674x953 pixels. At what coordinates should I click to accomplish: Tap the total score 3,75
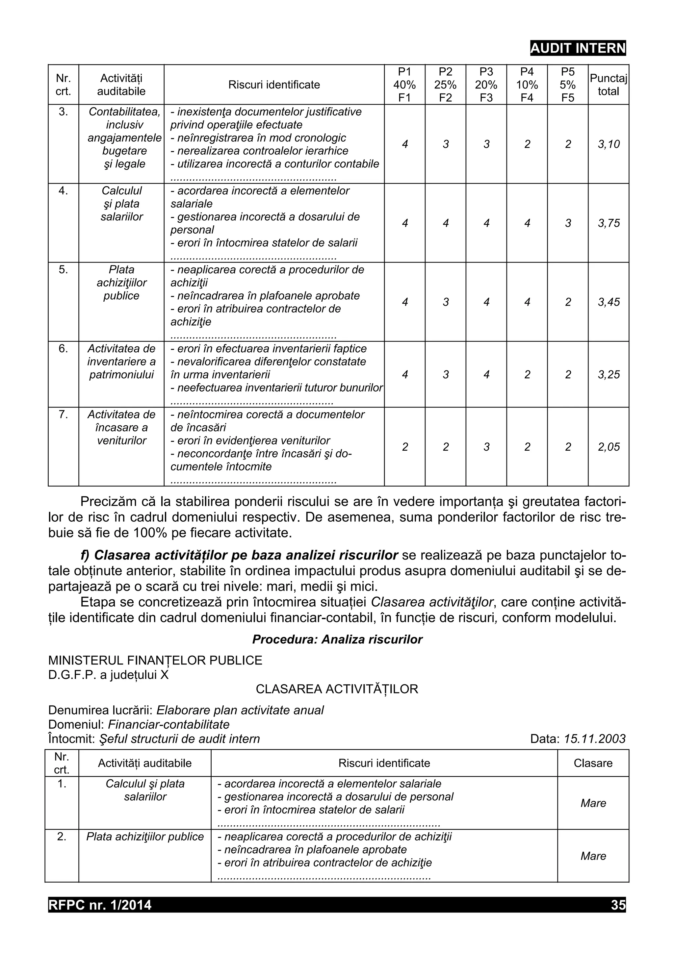pyautogui.click(x=609, y=223)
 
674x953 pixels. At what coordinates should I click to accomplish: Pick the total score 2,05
pyautogui.click(x=609, y=447)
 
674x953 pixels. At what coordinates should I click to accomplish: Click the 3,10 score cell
pyautogui.click(x=609, y=144)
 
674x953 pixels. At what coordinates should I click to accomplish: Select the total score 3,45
pyautogui.click(x=609, y=302)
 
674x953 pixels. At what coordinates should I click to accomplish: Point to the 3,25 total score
pyautogui.click(x=609, y=375)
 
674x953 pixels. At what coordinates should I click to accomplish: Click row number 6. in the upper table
pyautogui.click(x=63, y=349)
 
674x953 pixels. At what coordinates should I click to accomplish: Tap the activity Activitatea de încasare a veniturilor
pyautogui.click(x=121, y=428)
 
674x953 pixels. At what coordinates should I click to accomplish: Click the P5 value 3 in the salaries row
pyautogui.click(x=568, y=223)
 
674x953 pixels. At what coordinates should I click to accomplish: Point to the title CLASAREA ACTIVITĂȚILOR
pyautogui.click(x=337, y=689)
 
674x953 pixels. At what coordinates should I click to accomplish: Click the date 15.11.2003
pyautogui.click(x=595, y=739)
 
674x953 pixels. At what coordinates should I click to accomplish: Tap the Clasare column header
pyautogui.click(x=593, y=763)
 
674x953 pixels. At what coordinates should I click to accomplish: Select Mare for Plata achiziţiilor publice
pyautogui.click(x=593, y=856)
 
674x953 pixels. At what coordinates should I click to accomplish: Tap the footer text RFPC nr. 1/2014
pyautogui.click(x=100, y=905)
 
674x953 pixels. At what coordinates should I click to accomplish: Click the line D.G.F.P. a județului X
pyautogui.click(x=108, y=675)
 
